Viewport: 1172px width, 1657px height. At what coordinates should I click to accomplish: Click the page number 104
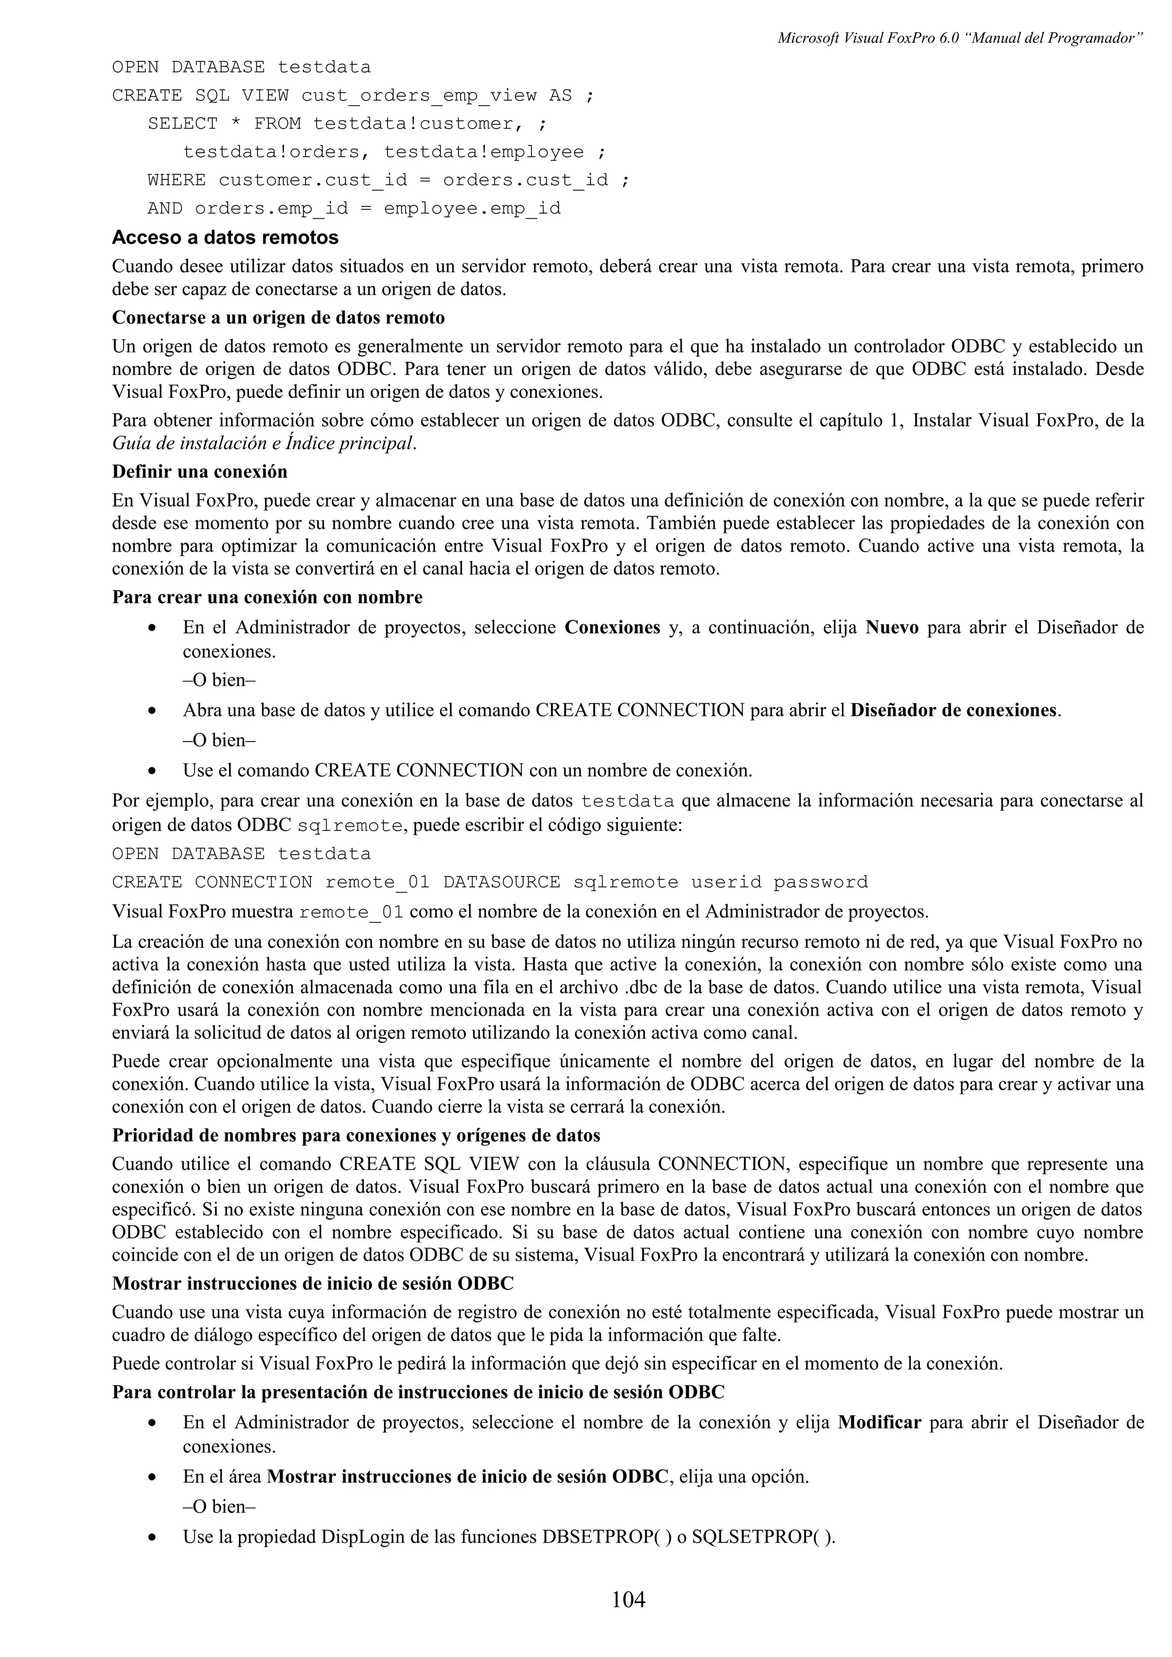tap(628, 1599)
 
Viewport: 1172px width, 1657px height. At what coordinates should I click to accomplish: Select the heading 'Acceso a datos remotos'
tap(225, 237)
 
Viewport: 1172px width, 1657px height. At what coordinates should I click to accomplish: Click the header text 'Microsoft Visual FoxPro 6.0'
tap(866, 38)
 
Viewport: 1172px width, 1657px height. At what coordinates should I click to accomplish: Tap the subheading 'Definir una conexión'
tap(199, 471)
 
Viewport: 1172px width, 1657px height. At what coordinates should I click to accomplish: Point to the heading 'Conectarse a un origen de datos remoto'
tap(278, 317)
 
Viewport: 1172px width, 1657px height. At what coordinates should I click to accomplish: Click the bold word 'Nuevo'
tap(892, 627)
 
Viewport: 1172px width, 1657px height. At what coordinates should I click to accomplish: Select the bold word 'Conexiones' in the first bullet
tap(612, 627)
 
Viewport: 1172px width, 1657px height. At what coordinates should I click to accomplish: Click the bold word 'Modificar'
tap(879, 1423)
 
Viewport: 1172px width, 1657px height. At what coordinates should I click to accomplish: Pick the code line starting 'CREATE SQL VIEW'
tap(353, 95)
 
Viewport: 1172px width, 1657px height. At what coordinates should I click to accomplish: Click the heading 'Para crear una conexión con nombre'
tap(267, 597)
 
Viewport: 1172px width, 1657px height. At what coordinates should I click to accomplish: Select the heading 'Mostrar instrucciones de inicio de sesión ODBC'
tap(312, 1283)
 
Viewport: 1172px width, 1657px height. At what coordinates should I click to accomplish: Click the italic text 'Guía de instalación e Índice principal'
tap(264, 443)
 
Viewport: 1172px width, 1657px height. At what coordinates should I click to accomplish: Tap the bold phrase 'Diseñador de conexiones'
tap(954, 710)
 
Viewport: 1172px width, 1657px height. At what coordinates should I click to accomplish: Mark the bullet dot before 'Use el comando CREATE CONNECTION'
tap(152, 771)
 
